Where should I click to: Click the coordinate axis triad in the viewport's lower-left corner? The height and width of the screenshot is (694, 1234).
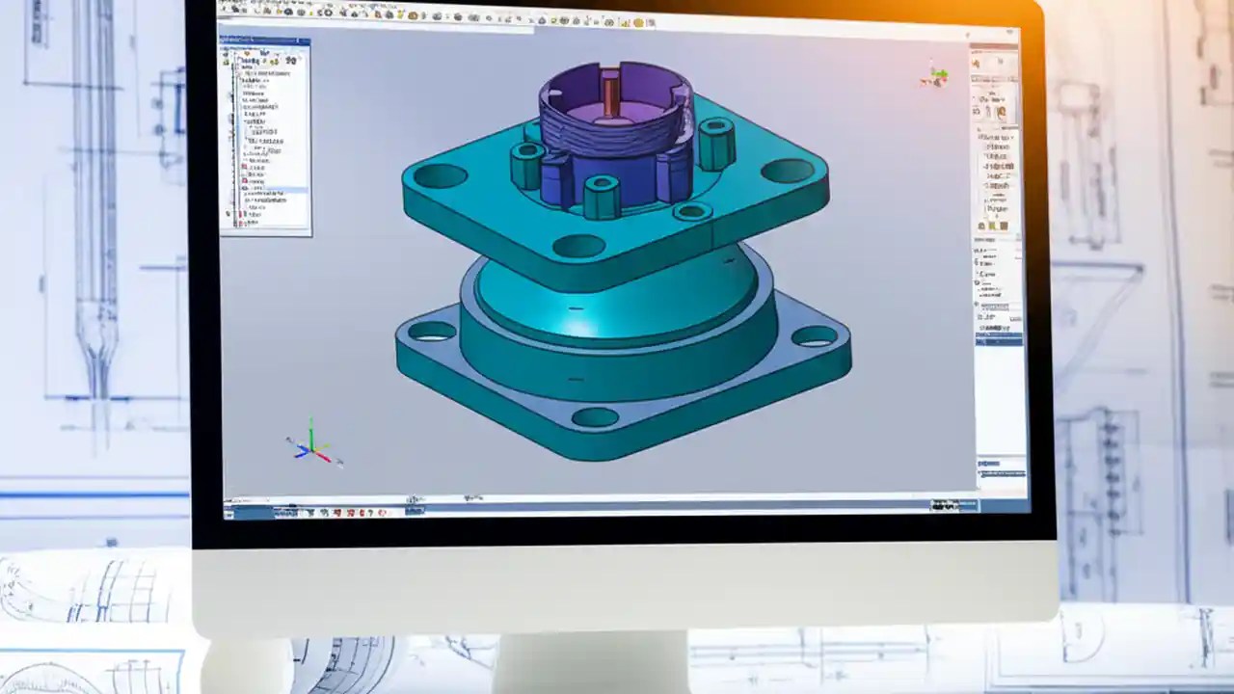pos(310,445)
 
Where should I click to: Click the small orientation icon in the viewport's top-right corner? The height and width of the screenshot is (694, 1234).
pos(934,75)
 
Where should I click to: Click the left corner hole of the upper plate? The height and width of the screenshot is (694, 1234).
pos(441,175)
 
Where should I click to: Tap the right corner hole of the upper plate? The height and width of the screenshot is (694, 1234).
pos(787,171)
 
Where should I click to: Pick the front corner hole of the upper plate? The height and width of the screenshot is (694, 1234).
pos(578,246)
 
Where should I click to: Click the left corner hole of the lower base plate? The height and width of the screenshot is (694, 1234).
pos(432,331)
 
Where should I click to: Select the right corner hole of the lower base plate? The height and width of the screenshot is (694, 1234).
pos(815,335)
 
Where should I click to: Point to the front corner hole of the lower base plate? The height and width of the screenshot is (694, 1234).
pos(595,417)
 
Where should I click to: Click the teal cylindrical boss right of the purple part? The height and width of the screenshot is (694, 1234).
pos(716,145)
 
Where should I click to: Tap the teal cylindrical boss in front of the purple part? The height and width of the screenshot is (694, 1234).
pos(602,197)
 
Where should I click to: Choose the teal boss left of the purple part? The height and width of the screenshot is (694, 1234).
pos(526,165)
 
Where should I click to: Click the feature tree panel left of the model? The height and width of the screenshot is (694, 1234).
pos(265,135)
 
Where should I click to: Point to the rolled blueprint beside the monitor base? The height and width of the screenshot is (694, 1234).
pos(87,588)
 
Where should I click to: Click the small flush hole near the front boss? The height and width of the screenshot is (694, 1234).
pos(692,211)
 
